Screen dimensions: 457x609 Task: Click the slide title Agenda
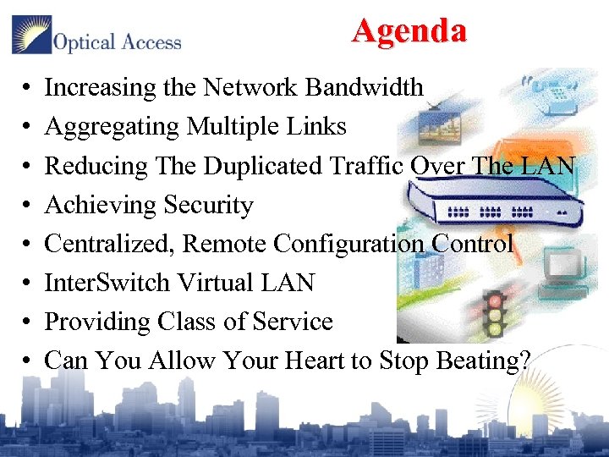click(x=409, y=31)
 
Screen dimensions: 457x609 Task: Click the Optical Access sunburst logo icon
click(x=31, y=35)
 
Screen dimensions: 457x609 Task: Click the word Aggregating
click(x=112, y=128)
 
